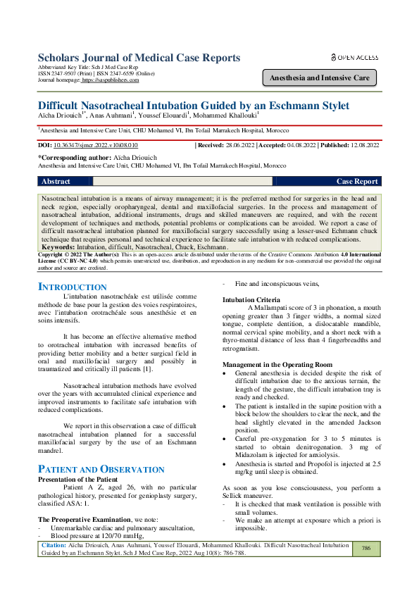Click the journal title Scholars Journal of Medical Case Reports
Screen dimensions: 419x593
(139, 58)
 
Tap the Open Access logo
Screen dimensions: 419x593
(354, 57)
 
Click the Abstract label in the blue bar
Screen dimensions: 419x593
(56, 181)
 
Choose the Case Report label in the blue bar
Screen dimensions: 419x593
(358, 181)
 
